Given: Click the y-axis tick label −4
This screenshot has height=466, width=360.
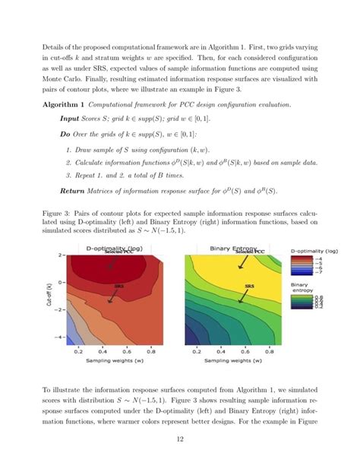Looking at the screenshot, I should click(x=60, y=335).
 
